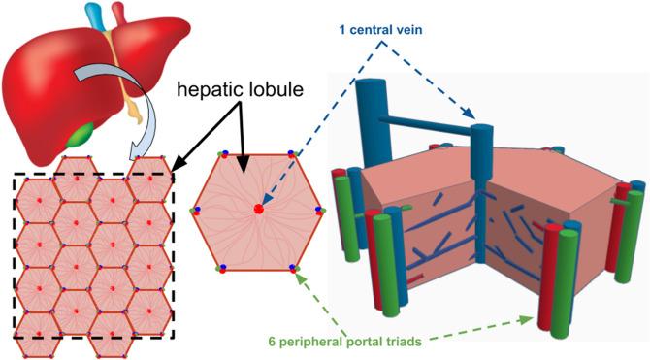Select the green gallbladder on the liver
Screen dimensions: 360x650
81,131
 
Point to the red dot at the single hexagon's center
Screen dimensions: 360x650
259,209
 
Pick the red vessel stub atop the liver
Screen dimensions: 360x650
118,13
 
